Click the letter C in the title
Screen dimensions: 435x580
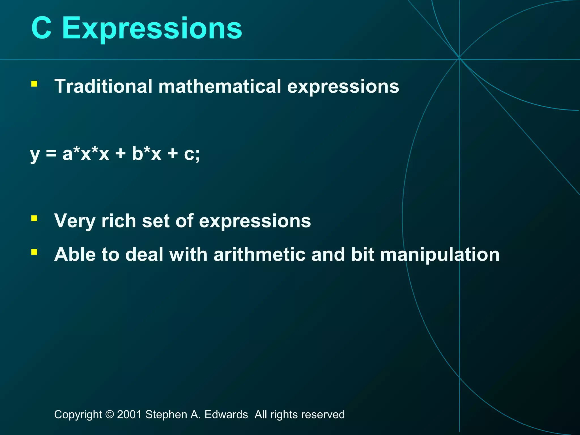point(42,28)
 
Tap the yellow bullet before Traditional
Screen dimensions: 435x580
point(34,84)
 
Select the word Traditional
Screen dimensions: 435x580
point(103,86)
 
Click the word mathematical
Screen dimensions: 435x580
point(219,86)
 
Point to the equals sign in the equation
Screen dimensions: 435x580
point(51,154)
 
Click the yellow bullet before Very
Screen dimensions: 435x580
point(34,218)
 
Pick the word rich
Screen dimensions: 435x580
point(119,221)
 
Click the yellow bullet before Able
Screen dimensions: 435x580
point(34,252)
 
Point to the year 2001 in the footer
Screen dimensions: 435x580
point(129,415)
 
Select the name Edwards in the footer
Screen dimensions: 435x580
point(226,415)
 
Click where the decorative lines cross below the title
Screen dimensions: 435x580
point(459,59)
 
